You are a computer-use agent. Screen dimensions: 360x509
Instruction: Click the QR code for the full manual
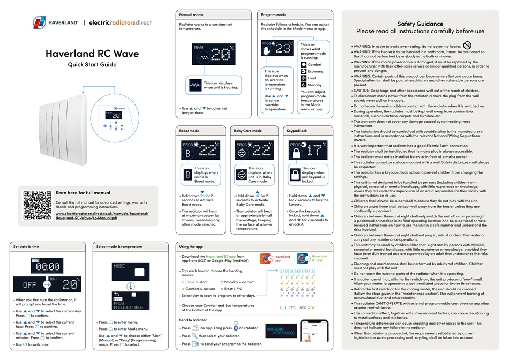click(37, 205)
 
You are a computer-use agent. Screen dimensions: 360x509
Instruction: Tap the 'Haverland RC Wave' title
click(92, 54)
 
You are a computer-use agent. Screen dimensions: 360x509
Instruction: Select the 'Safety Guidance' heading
click(420, 24)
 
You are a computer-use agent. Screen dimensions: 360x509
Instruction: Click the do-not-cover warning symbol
click(467, 46)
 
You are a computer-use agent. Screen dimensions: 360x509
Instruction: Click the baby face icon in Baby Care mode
click(241, 174)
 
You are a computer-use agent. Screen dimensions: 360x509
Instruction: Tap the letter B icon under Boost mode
click(188, 174)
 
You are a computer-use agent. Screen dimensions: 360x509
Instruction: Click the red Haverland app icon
click(267, 259)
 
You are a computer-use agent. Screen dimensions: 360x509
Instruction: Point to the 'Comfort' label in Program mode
click(316, 64)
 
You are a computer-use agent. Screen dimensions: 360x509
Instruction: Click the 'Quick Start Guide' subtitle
click(92, 65)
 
